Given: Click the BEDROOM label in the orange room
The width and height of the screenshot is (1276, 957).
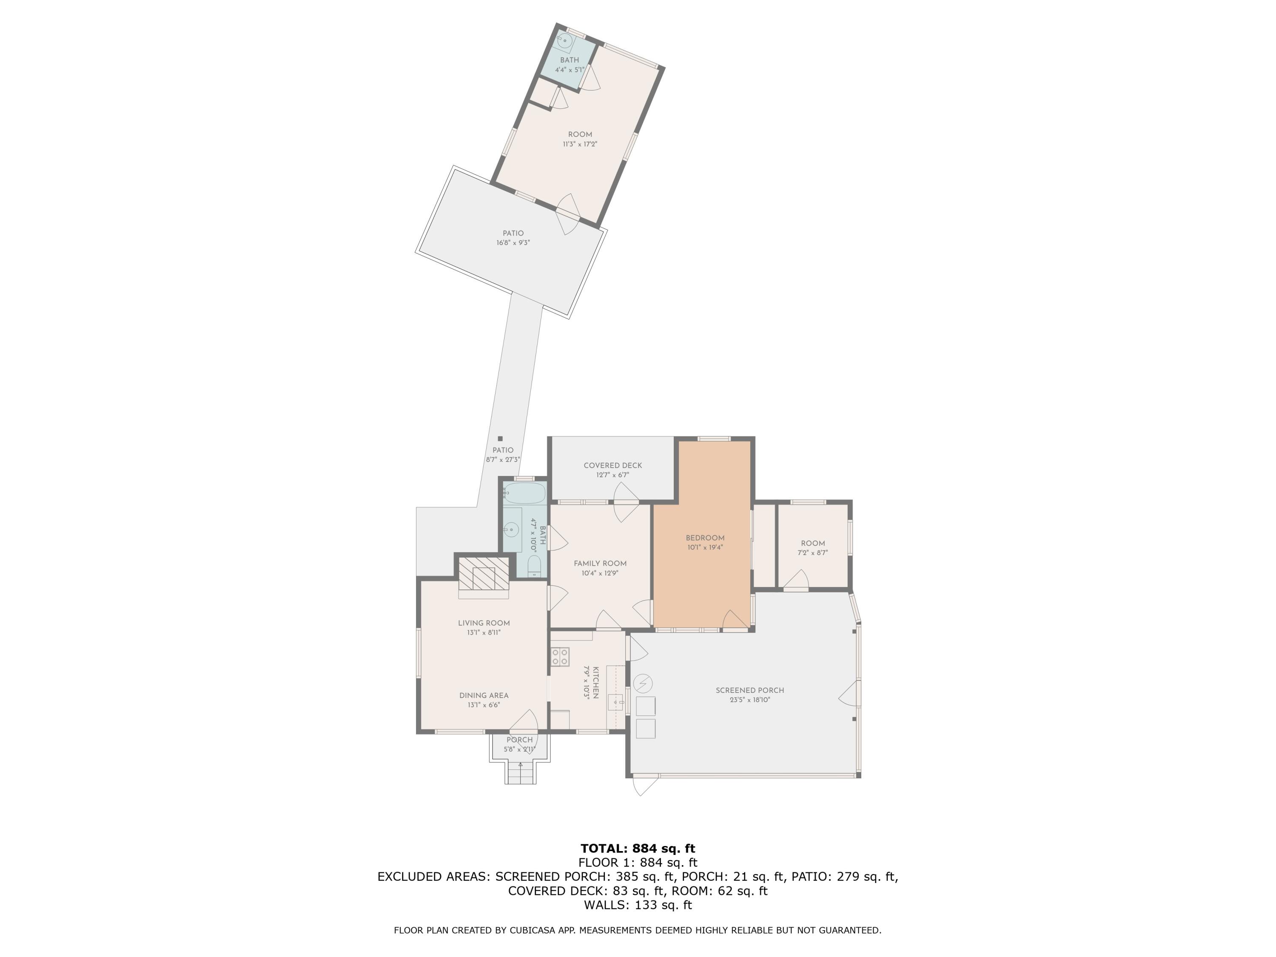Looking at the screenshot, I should [705, 538].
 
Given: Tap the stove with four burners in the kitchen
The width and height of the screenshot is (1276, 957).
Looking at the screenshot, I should [560, 656].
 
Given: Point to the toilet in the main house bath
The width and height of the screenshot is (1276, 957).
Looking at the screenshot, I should [534, 566].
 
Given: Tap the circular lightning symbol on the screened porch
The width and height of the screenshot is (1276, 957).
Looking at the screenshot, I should [643, 684].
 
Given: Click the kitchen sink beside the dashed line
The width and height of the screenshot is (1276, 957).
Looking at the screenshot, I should [616, 702].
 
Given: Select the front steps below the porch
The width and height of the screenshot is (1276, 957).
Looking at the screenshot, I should [521, 772].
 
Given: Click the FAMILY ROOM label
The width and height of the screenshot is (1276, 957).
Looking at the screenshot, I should [600, 564].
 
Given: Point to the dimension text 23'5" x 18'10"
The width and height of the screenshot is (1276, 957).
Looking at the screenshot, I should [750, 700].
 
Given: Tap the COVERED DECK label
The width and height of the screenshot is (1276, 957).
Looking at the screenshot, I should [612, 465].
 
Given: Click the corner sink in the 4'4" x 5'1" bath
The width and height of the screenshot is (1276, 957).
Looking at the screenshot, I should [564, 41].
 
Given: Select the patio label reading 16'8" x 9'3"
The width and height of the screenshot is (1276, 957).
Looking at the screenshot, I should [513, 243].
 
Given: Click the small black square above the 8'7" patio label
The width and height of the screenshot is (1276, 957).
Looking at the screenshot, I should [500, 439].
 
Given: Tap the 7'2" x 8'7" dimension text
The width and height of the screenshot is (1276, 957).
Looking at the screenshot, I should [813, 553].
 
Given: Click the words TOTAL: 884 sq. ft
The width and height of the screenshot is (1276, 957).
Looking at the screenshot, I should [638, 849].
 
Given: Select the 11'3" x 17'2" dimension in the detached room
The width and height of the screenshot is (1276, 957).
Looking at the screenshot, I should [580, 144].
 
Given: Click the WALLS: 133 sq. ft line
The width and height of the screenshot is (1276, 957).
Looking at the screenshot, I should [638, 905].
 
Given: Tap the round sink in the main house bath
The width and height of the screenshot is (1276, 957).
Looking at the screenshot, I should [511, 529].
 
